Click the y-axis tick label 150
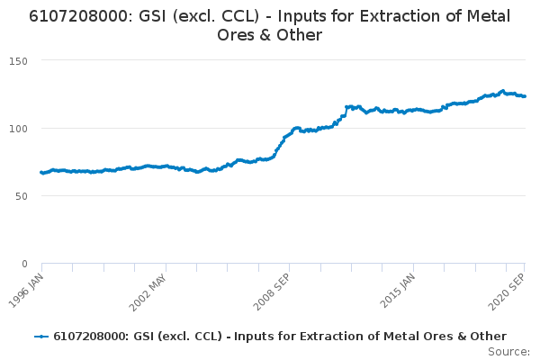[18, 60]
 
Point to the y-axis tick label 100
[18, 128]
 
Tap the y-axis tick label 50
[22, 195]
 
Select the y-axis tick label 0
[25, 264]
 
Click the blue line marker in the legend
[40, 336]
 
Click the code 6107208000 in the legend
[90, 336]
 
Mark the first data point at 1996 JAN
[41, 173]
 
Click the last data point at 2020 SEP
[525, 96]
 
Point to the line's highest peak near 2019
[502, 91]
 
